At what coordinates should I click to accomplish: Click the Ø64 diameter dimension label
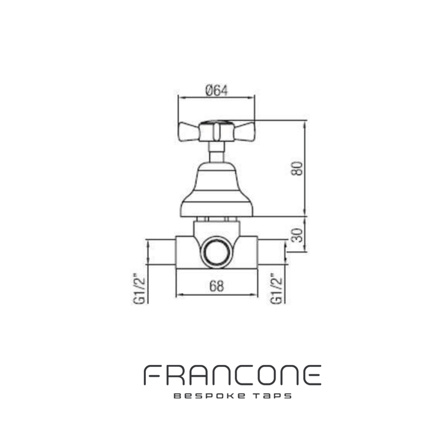216,91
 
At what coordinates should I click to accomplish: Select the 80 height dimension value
297,168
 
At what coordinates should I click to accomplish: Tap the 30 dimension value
297,235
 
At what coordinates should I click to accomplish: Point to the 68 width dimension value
217,286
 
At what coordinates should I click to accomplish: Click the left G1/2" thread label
139,288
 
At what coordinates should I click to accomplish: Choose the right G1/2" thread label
276,288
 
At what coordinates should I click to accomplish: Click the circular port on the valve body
217,252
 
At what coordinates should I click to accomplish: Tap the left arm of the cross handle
189,132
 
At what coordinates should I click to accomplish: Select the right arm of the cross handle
245,132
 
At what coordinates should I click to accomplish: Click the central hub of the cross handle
217,131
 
